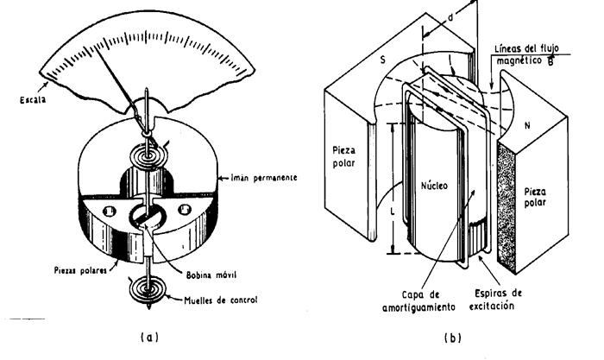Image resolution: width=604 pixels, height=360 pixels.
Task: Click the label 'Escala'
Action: [x=33, y=100]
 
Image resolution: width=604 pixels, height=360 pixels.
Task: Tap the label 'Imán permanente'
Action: [x=264, y=178]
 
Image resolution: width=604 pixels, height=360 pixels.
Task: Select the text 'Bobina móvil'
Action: [x=211, y=275]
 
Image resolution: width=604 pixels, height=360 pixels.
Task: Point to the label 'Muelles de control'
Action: [x=220, y=300]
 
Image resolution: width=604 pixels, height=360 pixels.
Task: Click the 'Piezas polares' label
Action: [x=80, y=270]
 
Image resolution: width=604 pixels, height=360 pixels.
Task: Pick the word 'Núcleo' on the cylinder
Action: [x=434, y=186]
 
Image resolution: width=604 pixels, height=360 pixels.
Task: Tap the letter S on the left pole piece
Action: [x=382, y=60]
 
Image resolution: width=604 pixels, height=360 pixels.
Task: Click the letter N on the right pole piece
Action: [x=527, y=125]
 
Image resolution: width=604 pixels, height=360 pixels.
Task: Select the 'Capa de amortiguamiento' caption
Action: [x=419, y=301]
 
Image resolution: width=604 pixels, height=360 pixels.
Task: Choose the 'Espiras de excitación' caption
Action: [x=495, y=300]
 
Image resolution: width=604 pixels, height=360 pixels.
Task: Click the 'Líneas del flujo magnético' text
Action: [x=526, y=54]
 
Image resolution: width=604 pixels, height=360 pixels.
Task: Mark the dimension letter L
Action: [x=392, y=212]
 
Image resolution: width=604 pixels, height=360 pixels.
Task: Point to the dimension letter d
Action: [x=450, y=18]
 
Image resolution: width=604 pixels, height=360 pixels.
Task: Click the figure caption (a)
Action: [x=149, y=338]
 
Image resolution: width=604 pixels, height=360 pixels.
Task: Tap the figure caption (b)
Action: [x=453, y=338]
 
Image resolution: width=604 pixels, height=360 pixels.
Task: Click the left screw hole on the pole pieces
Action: [x=109, y=211]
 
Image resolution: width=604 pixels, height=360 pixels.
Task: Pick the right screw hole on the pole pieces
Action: [x=184, y=209]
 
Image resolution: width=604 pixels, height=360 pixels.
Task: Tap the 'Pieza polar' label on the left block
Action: [x=344, y=156]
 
